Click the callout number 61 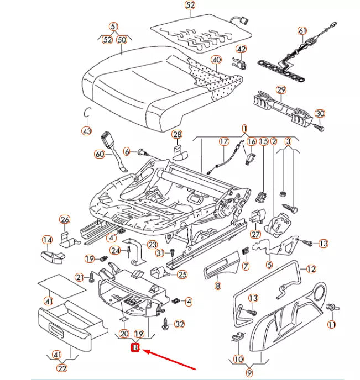[302, 30]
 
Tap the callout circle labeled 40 [216, 60]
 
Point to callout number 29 [281, 89]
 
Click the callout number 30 [320, 114]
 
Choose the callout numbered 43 [86, 131]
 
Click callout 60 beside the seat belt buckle [100, 154]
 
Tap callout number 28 [177, 134]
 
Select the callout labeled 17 [223, 142]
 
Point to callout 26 [65, 220]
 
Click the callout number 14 [48, 240]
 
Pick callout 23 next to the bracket [152, 245]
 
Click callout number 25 [182, 275]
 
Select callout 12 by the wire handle [311, 269]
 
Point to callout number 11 [331, 325]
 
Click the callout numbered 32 [179, 324]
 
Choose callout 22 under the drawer [62, 369]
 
